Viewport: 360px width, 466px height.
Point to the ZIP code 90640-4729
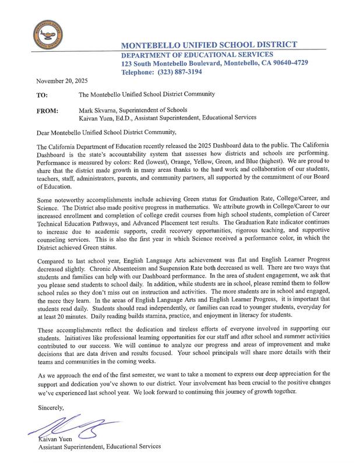click(288, 63)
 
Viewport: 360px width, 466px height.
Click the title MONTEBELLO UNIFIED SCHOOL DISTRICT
click(209, 45)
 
